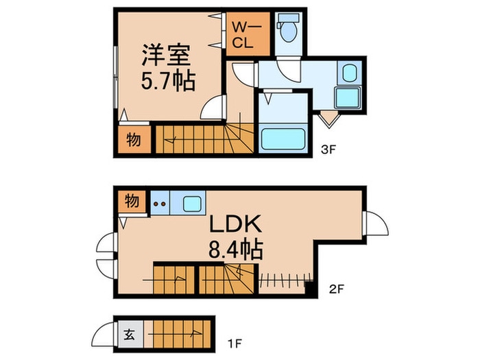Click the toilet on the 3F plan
(x=289, y=28)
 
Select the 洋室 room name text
(x=166, y=55)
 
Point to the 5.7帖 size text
(x=168, y=81)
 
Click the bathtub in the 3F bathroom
(x=283, y=139)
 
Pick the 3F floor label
(x=328, y=149)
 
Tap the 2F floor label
(x=337, y=289)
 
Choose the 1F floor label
(x=235, y=344)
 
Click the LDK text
(x=235, y=224)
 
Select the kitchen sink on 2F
(x=191, y=204)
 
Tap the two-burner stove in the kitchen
(x=160, y=203)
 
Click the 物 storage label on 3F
(x=134, y=140)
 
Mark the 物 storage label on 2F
(x=132, y=201)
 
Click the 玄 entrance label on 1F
(x=130, y=335)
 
